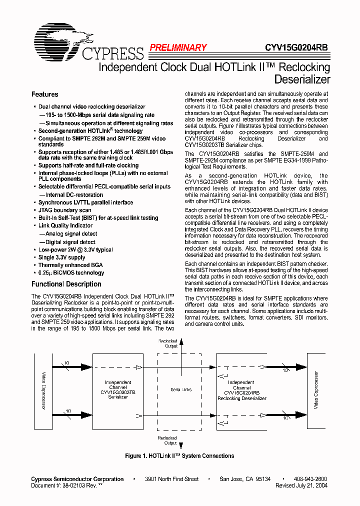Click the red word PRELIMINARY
coord(178,48)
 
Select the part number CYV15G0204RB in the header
coord(296,48)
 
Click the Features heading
coord(44,94)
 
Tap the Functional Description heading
coord(66,284)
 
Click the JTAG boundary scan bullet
coord(64,210)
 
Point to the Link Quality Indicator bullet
coord(65,225)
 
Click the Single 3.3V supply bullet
coord(61,257)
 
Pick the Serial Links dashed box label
coord(181,389)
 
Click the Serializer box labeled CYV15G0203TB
coord(118,390)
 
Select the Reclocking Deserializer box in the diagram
coord(242,390)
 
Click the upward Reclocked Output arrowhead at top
coord(181,340)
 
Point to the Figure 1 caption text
coord(179,456)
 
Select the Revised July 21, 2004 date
coord(301,485)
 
